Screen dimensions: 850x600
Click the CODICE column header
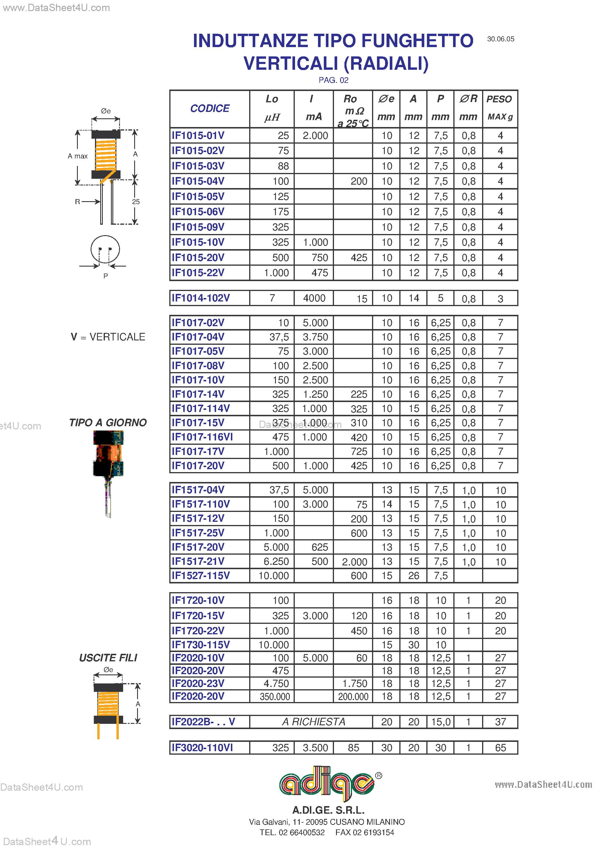click(210, 108)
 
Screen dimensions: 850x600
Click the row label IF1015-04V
click(198, 181)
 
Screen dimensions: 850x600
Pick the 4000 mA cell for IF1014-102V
click(314, 298)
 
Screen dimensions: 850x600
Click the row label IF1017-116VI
click(202, 437)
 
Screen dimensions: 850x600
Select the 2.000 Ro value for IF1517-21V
click(354, 562)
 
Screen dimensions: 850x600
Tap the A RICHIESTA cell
click(313, 722)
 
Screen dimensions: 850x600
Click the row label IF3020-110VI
click(202, 748)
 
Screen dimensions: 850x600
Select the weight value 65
click(500, 748)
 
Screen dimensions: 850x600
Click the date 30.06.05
click(500, 39)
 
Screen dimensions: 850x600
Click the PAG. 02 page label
click(333, 80)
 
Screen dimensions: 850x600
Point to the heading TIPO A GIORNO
click(108, 422)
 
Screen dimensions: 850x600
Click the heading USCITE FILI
click(108, 658)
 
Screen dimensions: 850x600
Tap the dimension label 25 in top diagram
click(136, 202)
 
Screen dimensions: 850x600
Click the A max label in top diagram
click(78, 156)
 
